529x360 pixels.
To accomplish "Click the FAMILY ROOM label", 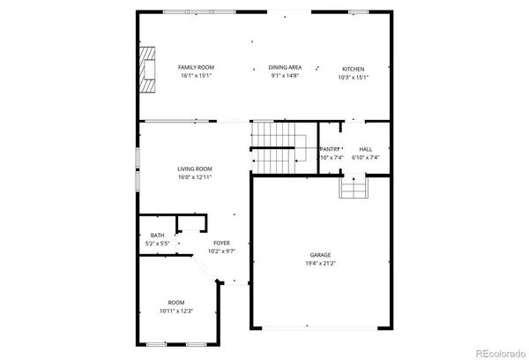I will (x=196, y=68).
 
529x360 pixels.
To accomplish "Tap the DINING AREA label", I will (x=286, y=68).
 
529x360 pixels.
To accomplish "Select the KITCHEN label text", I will (x=354, y=69).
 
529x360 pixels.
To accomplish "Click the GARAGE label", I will (x=320, y=255).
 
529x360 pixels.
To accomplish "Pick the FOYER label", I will (x=221, y=244).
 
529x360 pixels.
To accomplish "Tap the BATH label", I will (x=157, y=235).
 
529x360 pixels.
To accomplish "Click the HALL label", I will (x=366, y=149).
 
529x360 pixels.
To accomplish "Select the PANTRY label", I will (x=330, y=149).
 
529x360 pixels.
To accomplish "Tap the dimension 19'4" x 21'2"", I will (x=320, y=263).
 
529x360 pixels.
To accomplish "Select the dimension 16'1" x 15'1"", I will (x=196, y=76).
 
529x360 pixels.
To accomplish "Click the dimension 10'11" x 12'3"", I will (x=176, y=311).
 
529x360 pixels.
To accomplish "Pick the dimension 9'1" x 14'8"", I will (x=286, y=76).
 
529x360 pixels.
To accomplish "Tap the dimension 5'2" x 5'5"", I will (x=157, y=243).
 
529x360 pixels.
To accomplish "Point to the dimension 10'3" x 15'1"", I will (x=354, y=77).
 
